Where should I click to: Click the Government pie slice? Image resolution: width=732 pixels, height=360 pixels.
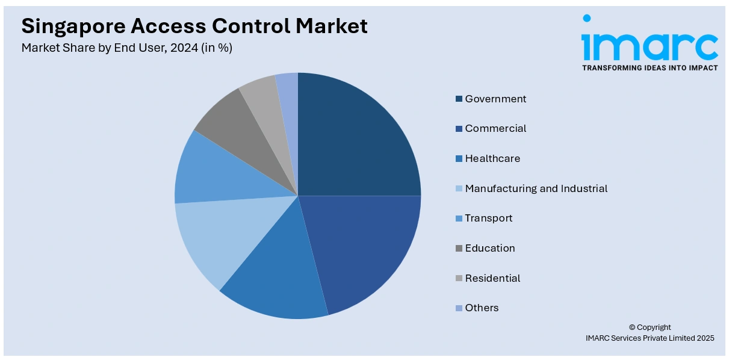coord(355,138)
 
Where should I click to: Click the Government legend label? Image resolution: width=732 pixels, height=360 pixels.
coord(495,99)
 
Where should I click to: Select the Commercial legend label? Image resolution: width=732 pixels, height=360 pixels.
coord(495,128)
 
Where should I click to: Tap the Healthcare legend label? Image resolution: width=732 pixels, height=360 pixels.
coord(492,158)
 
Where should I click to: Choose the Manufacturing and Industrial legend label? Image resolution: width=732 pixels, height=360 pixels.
coord(536,188)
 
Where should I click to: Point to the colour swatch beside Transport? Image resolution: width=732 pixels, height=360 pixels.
coord(459,219)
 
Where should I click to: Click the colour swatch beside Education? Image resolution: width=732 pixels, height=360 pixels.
coord(459,248)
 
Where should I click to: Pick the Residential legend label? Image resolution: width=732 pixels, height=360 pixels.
coord(492,278)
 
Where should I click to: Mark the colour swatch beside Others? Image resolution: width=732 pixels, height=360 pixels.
coord(459,308)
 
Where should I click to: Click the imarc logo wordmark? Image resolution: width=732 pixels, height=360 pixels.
coord(650,43)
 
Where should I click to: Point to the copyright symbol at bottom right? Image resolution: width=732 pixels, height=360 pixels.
coord(633,327)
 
